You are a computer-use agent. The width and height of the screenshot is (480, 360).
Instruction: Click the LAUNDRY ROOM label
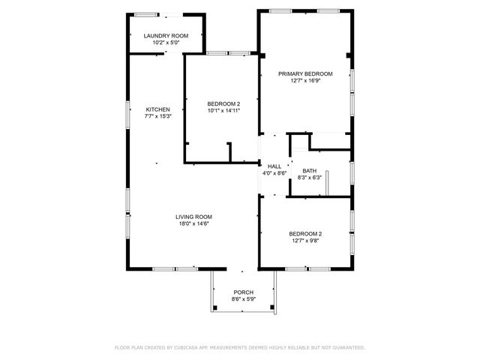coord(166,36)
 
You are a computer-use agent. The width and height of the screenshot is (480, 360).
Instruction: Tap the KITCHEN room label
coord(158,109)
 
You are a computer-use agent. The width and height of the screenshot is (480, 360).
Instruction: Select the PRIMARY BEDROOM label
coord(305,73)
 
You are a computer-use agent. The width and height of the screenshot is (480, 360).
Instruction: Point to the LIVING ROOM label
coord(193,217)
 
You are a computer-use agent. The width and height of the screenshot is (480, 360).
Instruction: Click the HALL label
coord(274,166)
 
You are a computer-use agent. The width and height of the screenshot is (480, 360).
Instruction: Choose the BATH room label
coord(309,171)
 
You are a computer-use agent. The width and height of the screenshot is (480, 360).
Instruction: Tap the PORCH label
coord(243,292)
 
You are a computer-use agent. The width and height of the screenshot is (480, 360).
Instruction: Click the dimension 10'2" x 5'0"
coord(166,43)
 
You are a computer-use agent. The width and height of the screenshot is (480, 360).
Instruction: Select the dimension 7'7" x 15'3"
coord(158,116)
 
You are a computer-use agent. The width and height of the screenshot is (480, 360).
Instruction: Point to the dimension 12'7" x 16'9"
coord(305,80)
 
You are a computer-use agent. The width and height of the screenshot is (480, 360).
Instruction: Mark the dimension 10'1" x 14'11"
coord(223,110)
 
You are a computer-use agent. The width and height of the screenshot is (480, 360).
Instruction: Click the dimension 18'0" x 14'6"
coord(193,223)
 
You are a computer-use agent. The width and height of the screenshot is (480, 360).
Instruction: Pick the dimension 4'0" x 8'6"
coord(274,173)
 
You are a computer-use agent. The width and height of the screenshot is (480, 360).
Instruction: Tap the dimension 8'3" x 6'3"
coord(309,178)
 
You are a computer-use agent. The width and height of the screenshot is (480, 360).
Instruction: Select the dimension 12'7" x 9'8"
coord(305,241)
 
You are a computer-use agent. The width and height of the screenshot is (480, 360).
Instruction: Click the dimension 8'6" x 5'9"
coord(243,299)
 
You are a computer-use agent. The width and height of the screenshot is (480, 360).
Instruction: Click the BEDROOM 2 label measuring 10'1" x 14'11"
coord(223,103)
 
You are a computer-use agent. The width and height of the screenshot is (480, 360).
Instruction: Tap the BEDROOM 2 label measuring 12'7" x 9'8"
coord(305,234)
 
